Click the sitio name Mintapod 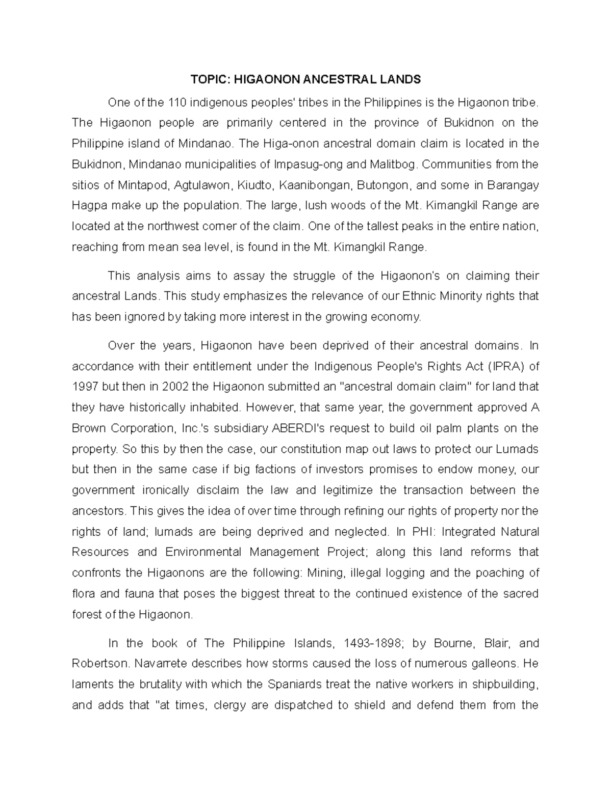click(x=142, y=185)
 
